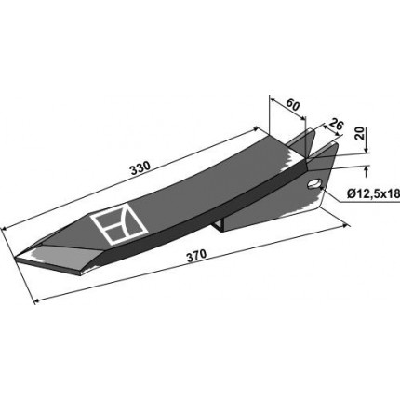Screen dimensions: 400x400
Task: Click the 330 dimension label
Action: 140,168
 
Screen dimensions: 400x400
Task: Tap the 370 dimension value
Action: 195,256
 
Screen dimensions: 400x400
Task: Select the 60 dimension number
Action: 292,104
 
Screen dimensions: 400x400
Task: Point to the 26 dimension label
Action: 336,125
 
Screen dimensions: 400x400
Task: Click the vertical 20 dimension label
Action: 360,133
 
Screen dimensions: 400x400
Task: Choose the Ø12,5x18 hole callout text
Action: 373,194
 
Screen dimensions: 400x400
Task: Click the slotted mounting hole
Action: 314,183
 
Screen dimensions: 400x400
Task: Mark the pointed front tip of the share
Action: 15,258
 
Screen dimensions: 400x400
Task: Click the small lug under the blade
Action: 220,225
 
